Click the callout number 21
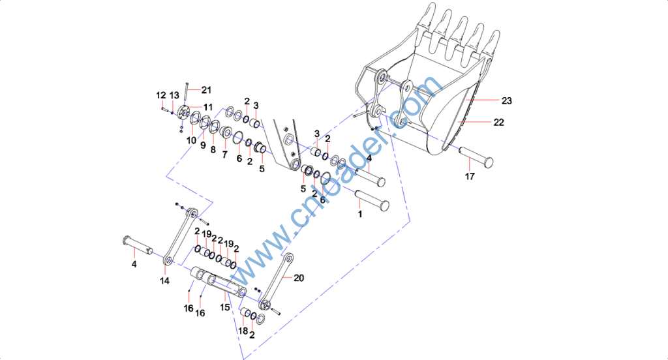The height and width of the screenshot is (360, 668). point(206,90)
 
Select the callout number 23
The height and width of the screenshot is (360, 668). point(507,100)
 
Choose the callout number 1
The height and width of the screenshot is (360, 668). point(359,213)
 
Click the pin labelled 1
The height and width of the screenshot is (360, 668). point(372,199)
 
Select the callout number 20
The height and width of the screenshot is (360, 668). point(299,278)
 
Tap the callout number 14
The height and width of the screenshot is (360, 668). point(164,280)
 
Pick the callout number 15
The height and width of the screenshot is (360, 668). point(224,306)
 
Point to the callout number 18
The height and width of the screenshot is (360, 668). point(243,331)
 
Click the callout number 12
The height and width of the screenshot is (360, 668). point(160,95)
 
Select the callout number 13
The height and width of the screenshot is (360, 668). point(174,95)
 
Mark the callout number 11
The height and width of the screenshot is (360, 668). point(207,106)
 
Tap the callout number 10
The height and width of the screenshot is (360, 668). point(192,140)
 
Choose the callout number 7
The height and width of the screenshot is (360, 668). point(225,155)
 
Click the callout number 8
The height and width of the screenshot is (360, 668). point(212,149)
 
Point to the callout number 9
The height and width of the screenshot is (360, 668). point(202,145)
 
